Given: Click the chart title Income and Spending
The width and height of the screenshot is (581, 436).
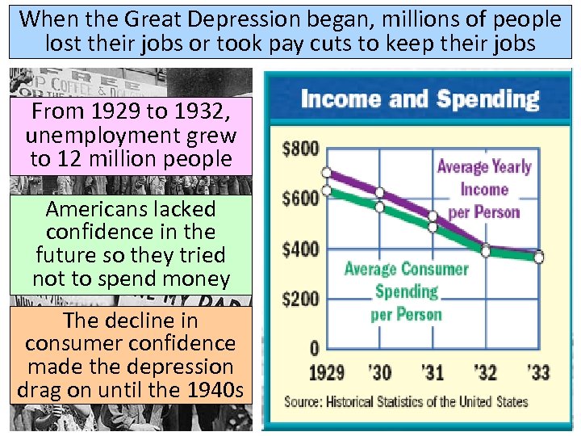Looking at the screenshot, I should (419, 99).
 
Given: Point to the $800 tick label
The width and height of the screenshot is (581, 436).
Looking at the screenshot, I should (300, 149).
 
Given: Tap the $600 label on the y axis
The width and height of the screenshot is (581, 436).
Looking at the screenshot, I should (300, 199).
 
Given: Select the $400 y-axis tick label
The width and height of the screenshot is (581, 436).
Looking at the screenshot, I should (300, 249).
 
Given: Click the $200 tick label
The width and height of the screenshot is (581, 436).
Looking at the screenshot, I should (300, 299).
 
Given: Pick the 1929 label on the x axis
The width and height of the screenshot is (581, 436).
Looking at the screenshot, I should (326, 372).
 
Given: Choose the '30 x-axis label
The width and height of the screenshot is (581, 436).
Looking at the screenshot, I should (379, 372).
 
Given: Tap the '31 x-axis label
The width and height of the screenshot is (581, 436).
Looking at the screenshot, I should (433, 372).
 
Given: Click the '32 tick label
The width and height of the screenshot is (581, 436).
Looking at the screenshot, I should (486, 372).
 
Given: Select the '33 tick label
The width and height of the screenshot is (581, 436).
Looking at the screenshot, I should (538, 372).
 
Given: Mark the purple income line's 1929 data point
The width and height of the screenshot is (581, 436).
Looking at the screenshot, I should (327, 173).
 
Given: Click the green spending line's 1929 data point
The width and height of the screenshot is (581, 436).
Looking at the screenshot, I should (327, 191).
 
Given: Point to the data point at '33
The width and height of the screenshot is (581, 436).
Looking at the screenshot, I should (538, 258).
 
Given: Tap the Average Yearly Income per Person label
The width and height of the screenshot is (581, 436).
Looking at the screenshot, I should (484, 190).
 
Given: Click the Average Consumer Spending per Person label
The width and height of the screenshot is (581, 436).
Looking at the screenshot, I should (406, 291).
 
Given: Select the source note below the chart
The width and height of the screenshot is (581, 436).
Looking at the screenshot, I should (406, 401).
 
